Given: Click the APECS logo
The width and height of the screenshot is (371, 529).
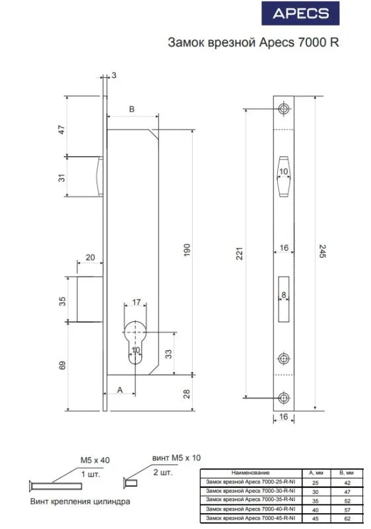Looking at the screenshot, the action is tap(300, 13).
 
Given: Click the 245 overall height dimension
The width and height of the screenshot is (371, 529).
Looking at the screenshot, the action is tap(322, 251).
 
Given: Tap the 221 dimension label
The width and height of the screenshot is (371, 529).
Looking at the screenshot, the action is tap(239, 253).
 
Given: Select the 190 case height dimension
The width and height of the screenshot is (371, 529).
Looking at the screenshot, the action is tap(187, 250).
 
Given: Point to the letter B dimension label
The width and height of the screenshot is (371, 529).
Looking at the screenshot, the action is tap(132, 109).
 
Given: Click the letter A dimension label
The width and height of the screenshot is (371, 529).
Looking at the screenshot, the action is tap(120, 390).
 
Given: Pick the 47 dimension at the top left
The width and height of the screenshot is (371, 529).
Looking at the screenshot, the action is tap(61, 130).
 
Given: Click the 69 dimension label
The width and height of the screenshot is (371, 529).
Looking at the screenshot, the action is tap(63, 366).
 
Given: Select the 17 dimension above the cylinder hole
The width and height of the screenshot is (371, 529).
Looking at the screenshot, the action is tap(137, 302).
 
